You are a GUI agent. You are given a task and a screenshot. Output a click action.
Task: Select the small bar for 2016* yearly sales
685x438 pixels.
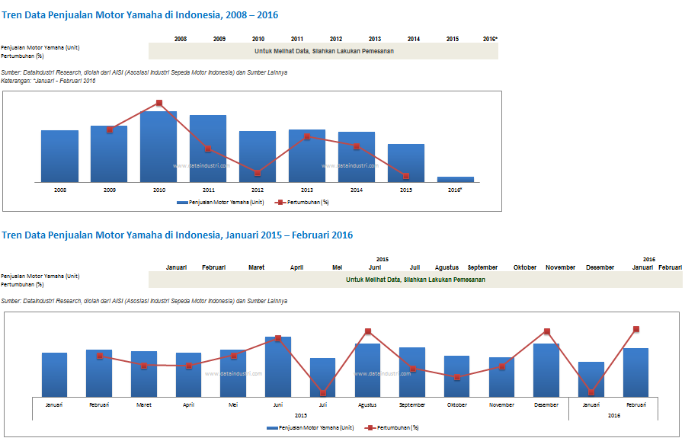(456, 180)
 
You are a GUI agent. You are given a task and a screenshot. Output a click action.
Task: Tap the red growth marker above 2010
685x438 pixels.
(159, 103)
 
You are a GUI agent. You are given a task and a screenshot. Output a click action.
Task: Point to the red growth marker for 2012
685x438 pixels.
(258, 173)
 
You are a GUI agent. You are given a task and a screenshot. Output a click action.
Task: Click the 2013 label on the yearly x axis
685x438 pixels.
(307, 190)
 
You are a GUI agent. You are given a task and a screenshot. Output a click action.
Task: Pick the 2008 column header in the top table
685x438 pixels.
(181, 39)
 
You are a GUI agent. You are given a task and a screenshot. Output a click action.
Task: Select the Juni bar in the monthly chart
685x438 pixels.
(278, 366)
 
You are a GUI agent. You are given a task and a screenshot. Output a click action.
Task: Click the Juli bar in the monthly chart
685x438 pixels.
(322, 376)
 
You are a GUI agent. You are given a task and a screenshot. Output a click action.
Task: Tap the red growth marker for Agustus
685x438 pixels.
(367, 331)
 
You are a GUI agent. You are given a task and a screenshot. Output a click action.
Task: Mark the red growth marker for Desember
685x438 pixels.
(546, 331)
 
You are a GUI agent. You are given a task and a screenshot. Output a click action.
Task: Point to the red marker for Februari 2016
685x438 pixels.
(635, 329)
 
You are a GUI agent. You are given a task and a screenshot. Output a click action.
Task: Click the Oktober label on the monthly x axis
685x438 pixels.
(457, 404)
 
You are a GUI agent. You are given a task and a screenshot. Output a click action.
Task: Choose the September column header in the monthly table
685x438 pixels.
(482, 267)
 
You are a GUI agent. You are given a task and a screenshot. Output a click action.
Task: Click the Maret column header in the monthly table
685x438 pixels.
(257, 267)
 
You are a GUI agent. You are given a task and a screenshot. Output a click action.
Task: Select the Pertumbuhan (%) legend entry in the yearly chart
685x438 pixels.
(302, 202)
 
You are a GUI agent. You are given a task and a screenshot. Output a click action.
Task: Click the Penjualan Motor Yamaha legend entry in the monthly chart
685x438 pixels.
(311, 428)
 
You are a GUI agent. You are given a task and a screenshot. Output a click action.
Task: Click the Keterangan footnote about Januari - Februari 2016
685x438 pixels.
(49, 81)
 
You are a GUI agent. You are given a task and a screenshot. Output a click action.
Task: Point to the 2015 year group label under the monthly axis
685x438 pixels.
(300, 415)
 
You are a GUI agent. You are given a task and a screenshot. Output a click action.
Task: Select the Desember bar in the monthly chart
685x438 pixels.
(546, 369)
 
